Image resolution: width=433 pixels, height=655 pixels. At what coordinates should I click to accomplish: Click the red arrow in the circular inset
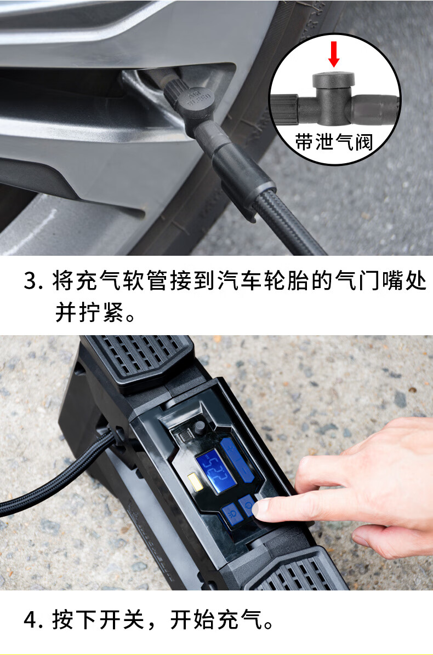[334, 54]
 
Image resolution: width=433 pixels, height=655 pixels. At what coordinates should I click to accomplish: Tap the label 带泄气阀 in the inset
[334, 142]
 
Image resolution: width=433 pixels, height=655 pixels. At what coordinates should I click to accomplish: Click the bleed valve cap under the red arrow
[334, 80]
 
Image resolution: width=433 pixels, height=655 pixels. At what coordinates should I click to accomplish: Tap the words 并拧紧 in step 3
[89, 312]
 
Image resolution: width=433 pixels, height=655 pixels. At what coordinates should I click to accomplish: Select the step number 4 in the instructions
[31, 619]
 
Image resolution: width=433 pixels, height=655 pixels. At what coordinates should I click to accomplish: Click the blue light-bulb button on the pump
[232, 514]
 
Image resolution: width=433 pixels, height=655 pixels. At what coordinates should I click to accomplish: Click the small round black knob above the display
[199, 427]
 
